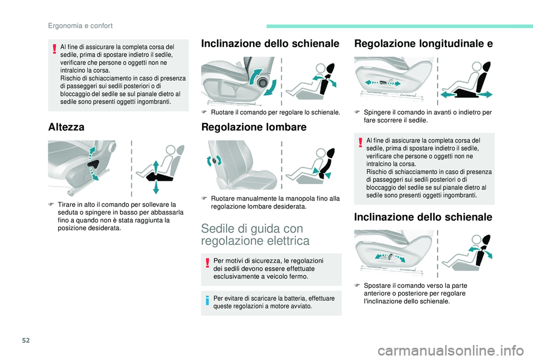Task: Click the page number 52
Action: (x=26, y=340)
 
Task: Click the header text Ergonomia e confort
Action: (x=80, y=26)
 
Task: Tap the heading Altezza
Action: (x=66, y=127)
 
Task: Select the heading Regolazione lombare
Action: (x=254, y=127)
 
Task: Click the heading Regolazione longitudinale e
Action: (x=423, y=43)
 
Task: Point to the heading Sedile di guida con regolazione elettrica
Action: (x=255, y=234)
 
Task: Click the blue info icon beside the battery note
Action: (x=207, y=300)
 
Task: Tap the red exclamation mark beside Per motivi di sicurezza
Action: (x=207, y=263)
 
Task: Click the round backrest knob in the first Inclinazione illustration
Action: (x=262, y=83)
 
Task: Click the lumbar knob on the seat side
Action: (x=214, y=160)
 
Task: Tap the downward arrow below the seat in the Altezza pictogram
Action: (x=155, y=187)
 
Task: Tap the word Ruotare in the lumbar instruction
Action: (x=222, y=199)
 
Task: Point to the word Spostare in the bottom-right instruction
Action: (x=377, y=285)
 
